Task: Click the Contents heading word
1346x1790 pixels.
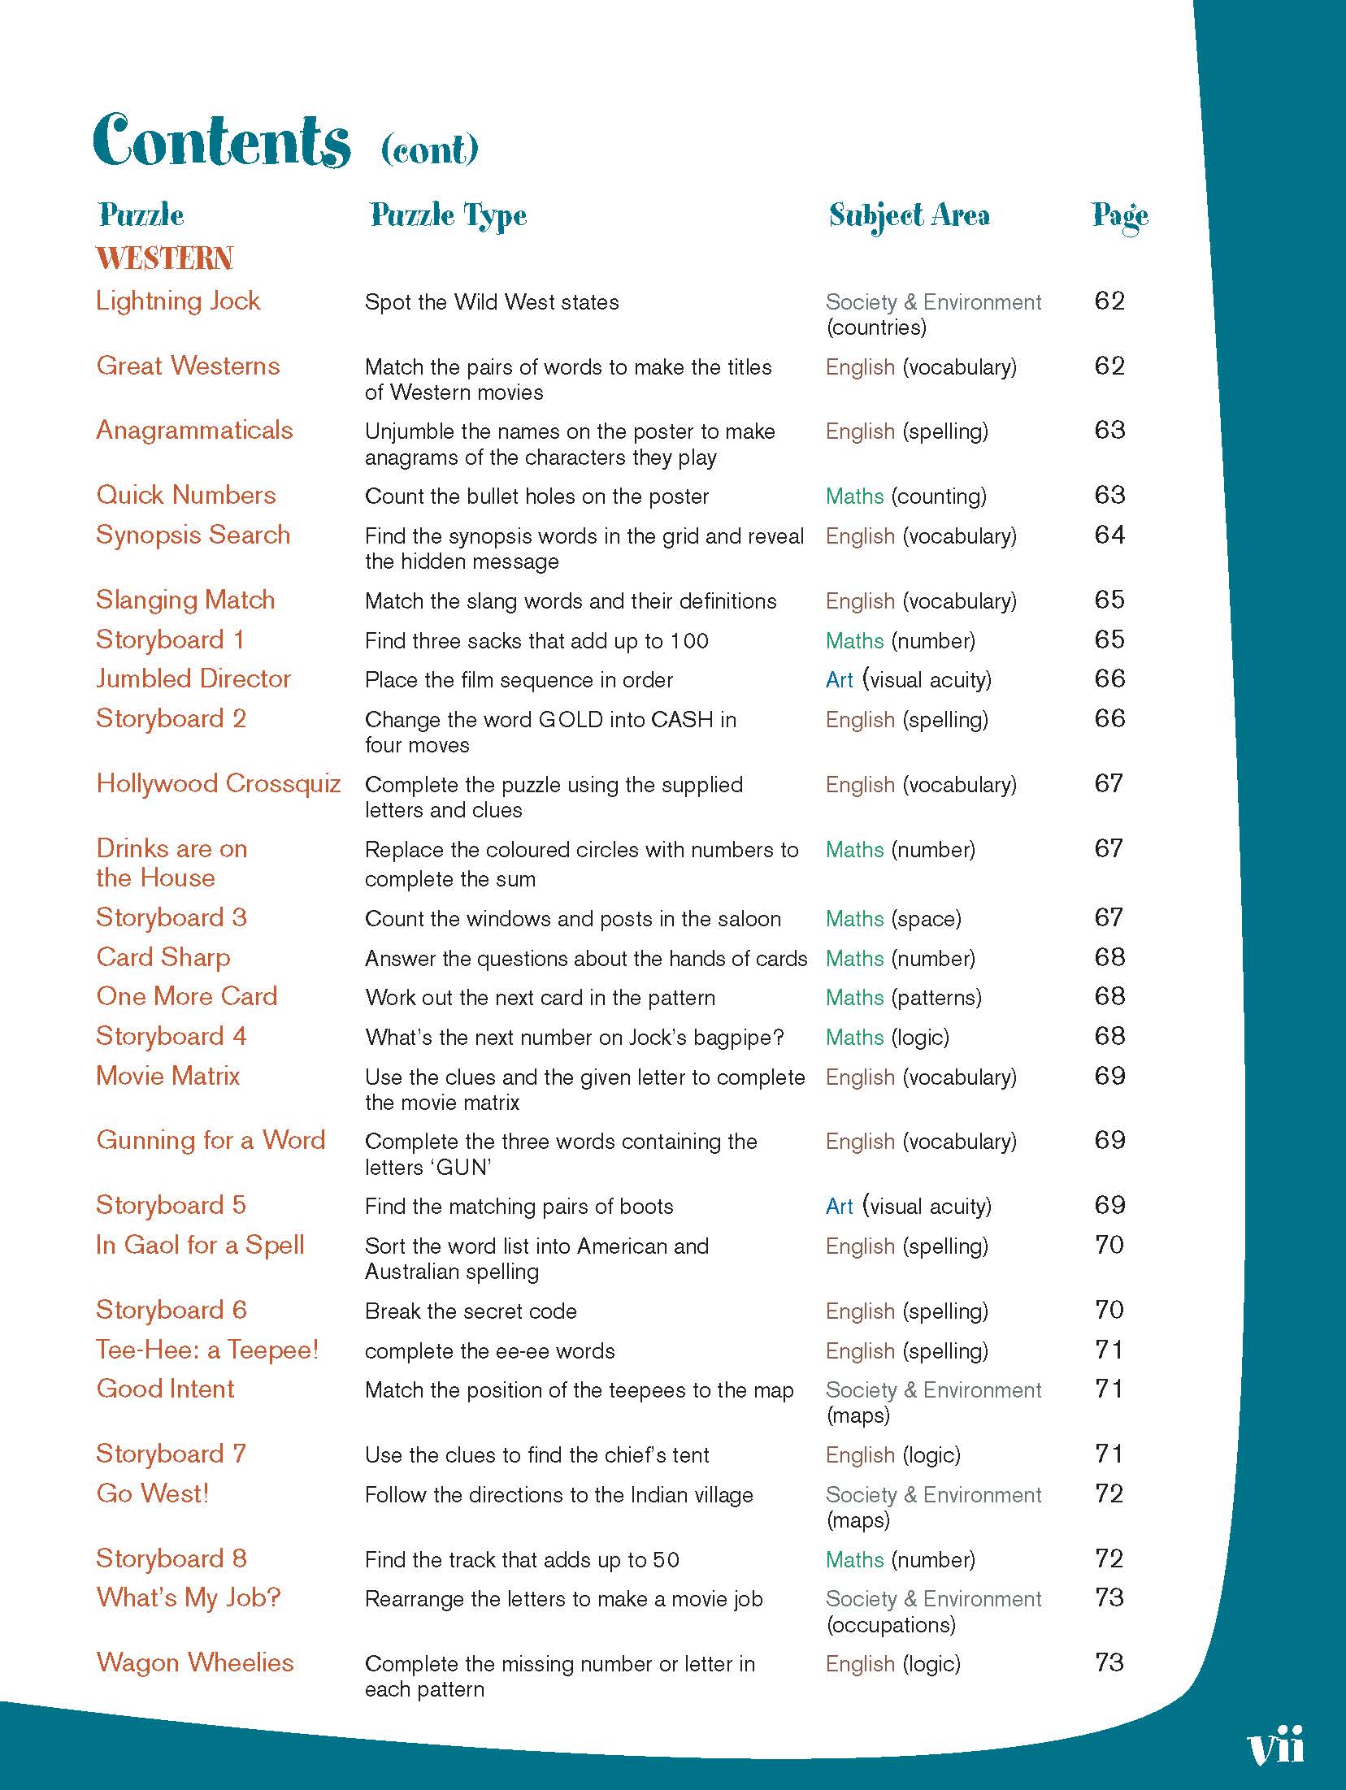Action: click(222, 141)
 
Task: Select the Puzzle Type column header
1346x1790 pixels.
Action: click(448, 216)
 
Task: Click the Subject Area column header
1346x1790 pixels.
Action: click(909, 215)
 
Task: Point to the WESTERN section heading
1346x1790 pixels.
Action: click(164, 259)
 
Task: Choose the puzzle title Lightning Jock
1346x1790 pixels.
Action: click(178, 301)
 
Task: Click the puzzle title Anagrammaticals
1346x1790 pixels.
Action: click(194, 431)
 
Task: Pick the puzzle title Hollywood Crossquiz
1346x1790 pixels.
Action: click(218, 784)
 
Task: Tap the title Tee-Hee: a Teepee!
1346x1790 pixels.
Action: click(207, 1350)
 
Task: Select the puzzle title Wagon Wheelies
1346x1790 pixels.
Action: click(195, 1662)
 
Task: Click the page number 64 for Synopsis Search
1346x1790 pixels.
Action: click(1109, 535)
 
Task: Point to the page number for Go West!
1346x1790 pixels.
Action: click(1109, 1494)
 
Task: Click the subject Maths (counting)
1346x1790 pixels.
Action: click(905, 496)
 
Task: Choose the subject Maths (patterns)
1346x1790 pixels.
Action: click(903, 998)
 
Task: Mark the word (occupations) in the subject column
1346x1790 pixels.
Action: click(890, 1625)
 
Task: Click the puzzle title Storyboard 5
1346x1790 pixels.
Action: click(171, 1206)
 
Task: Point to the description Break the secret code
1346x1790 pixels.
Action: click(471, 1311)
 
